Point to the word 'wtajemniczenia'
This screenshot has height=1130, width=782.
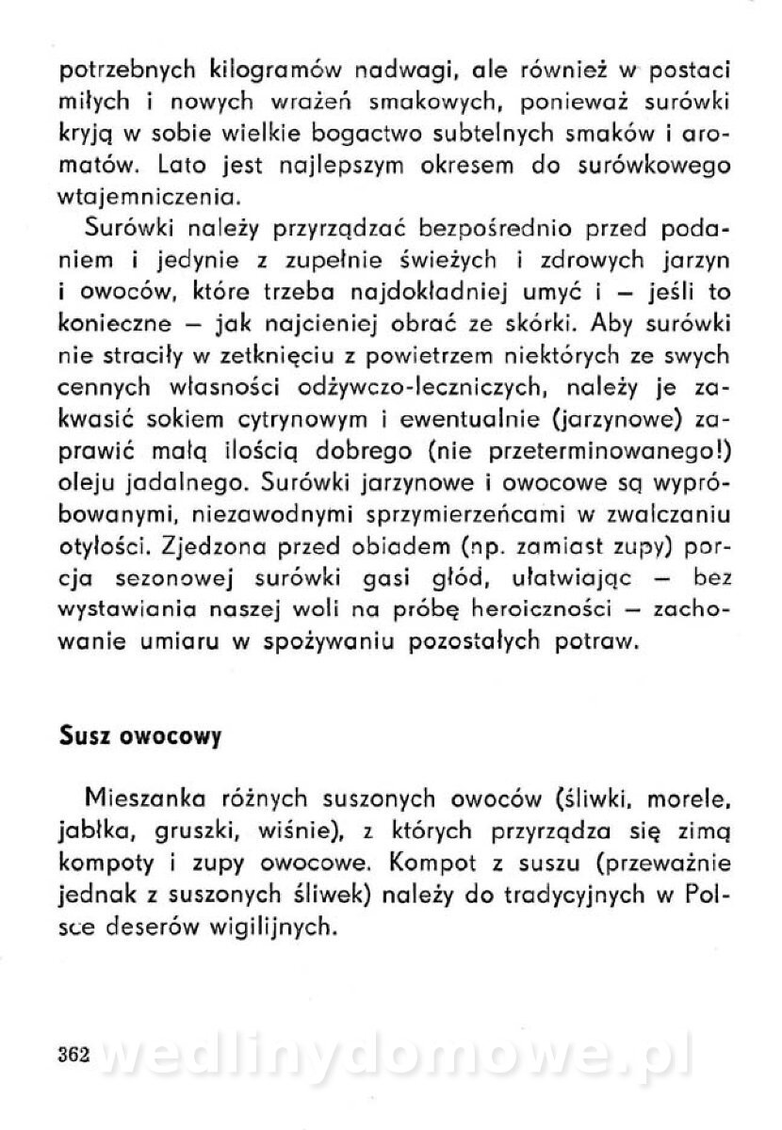tap(138, 199)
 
